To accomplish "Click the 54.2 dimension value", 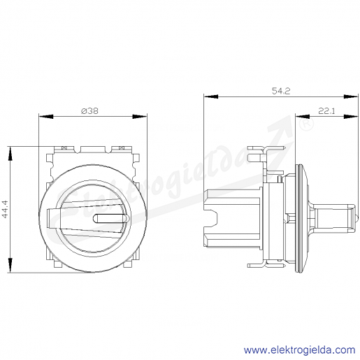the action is [x=281, y=91].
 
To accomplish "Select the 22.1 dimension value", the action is [x=326, y=111].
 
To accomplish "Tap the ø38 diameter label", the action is [x=90, y=111].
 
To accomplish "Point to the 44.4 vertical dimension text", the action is [x=5, y=209].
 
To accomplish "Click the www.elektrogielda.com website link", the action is [x=299, y=350].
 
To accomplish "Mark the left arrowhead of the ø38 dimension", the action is [x=46, y=116].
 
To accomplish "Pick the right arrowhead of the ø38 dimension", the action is [x=140, y=116].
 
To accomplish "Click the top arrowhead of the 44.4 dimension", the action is [x=10, y=154].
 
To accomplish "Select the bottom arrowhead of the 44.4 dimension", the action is [x=10, y=265].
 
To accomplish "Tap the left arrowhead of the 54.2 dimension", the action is [x=211, y=96].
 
